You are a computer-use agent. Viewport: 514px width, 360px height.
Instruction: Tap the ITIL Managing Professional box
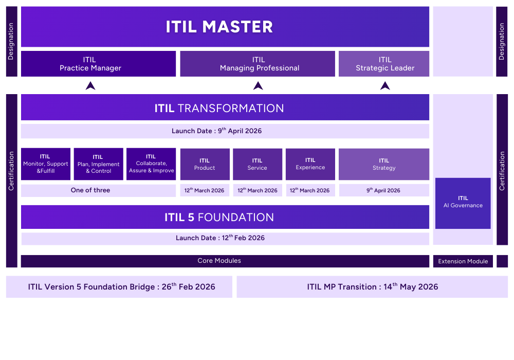(258, 64)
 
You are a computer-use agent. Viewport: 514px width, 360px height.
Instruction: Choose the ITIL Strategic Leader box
(384, 64)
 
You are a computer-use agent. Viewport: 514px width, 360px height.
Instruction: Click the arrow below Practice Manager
(90, 86)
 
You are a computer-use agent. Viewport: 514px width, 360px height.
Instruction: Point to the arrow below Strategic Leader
(385, 86)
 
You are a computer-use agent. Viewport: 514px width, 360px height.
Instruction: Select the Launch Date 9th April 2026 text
(216, 131)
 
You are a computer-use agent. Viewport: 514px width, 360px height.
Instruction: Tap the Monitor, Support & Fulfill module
(46, 164)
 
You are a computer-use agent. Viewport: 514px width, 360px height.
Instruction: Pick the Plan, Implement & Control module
(98, 164)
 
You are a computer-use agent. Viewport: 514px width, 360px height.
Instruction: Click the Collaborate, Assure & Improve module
(151, 164)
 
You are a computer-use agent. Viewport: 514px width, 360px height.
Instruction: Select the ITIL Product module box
(205, 164)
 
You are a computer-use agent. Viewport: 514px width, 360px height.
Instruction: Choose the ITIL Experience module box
(310, 164)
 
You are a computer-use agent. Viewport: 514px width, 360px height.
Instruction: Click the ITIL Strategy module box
(384, 164)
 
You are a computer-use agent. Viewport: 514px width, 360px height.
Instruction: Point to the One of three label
(90, 190)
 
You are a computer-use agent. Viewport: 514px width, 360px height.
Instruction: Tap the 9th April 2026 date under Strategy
(383, 190)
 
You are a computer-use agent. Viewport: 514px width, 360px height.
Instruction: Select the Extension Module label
(463, 261)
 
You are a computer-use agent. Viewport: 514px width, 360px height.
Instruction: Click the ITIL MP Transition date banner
(372, 287)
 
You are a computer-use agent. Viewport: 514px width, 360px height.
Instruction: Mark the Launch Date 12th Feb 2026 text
(220, 238)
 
